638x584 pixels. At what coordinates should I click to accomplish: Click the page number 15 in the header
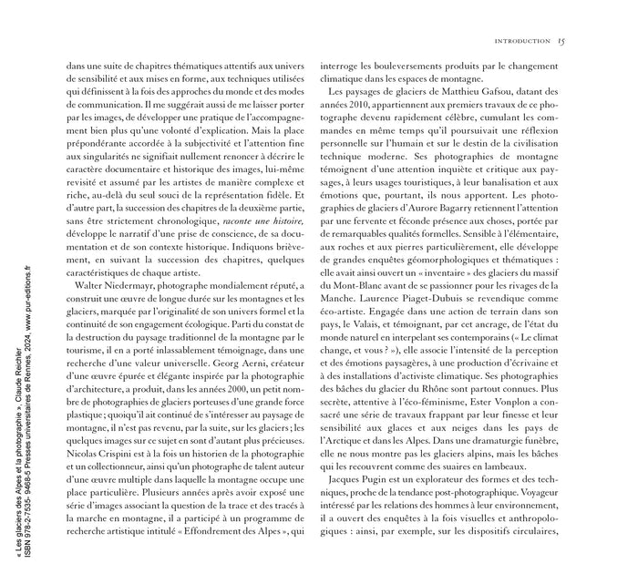pyautogui.click(x=562, y=40)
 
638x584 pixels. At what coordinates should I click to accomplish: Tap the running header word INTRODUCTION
pyautogui.click(x=520, y=41)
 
